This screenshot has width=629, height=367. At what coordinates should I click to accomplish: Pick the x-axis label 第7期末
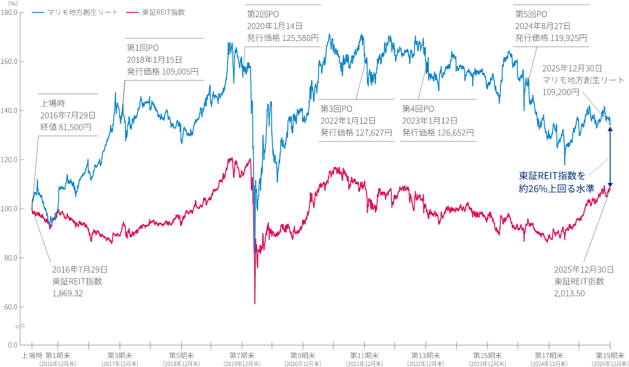click(x=240, y=355)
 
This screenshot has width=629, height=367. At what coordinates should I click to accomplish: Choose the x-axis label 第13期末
click(x=424, y=355)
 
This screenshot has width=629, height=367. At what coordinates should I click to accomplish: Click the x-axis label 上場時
click(x=31, y=355)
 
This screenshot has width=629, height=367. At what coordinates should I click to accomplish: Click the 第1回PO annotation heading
click(x=143, y=47)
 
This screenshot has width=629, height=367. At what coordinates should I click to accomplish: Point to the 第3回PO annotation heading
click(x=336, y=109)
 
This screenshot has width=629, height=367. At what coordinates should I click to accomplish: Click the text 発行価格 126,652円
click(x=438, y=133)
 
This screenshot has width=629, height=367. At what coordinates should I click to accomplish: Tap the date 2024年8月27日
click(x=543, y=26)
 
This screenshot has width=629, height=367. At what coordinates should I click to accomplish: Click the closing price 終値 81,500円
click(x=66, y=127)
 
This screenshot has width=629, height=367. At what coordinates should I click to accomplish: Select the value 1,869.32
click(x=67, y=293)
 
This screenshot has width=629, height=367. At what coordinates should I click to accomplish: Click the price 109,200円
click(x=560, y=92)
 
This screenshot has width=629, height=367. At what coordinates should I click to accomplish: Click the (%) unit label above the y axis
click(x=12, y=4)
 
